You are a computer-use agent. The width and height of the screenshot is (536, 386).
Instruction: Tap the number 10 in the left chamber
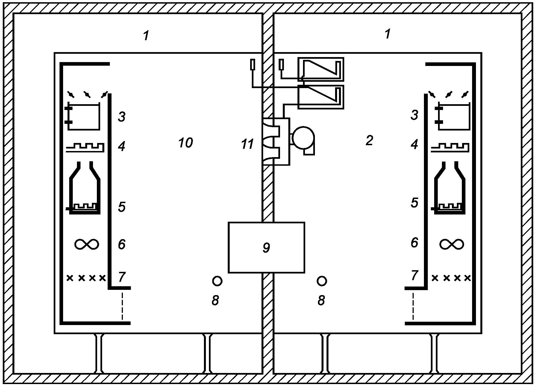[x=185, y=143]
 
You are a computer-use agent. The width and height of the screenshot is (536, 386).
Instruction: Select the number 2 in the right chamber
[x=369, y=141]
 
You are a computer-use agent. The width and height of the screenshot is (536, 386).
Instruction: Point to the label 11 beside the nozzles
[x=247, y=144]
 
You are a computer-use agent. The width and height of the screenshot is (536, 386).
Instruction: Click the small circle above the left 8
[x=217, y=281]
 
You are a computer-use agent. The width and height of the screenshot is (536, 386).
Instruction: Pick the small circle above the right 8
[x=322, y=281]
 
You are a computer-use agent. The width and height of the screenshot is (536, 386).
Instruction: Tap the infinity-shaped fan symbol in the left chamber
[x=87, y=244]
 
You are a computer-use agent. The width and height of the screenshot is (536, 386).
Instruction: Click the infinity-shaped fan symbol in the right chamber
[x=452, y=244]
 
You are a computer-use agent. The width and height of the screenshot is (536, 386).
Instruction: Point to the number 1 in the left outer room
[x=146, y=36]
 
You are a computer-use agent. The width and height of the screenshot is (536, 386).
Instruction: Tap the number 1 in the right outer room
[x=388, y=34]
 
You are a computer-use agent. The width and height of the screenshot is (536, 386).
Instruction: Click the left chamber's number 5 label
[x=122, y=207]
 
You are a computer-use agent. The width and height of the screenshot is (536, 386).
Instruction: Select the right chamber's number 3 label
[x=414, y=115]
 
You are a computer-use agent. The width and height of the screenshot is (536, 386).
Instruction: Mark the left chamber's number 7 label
[x=122, y=277]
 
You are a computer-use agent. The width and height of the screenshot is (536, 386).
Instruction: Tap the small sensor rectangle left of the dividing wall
[x=252, y=65]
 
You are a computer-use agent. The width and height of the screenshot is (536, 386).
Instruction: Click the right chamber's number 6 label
[x=414, y=242]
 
